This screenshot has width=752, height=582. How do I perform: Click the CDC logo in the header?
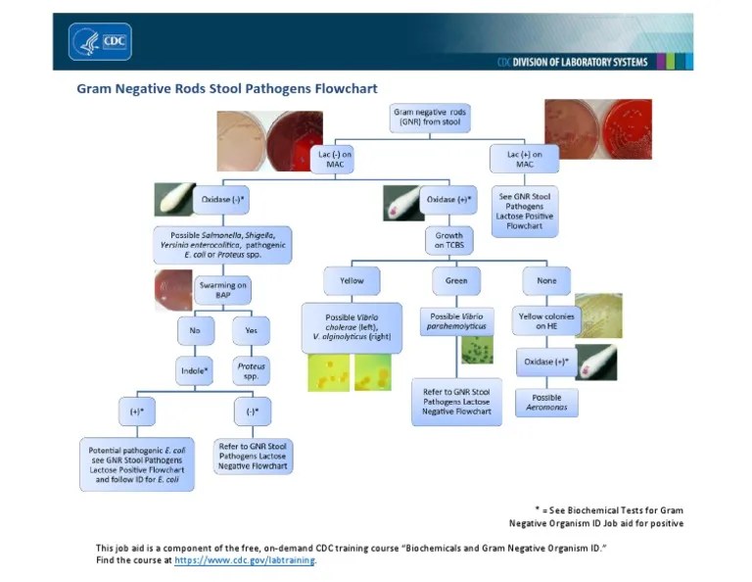point(100,41)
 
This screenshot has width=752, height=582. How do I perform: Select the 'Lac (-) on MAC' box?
point(333,159)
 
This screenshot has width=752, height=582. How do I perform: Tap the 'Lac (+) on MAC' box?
point(525,159)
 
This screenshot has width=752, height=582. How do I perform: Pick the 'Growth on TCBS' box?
point(448,240)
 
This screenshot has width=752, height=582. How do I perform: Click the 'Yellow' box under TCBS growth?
point(352,281)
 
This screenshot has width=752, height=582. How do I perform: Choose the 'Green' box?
point(456,281)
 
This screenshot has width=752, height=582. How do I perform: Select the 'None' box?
point(546,281)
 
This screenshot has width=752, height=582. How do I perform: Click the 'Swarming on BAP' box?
point(222,290)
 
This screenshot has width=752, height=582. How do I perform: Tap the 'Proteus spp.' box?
point(251,370)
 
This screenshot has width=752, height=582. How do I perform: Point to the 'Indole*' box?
point(196,370)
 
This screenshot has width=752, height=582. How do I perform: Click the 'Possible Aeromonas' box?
point(546,403)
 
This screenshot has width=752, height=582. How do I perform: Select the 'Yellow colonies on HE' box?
point(546,320)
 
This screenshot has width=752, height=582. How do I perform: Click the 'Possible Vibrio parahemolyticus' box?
point(456,320)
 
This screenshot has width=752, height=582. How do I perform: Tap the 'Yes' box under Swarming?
point(251,330)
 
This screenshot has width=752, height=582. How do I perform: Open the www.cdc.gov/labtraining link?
point(245,560)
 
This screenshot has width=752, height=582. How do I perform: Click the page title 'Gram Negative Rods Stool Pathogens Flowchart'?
point(226,88)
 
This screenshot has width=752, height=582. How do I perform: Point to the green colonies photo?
point(478,350)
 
